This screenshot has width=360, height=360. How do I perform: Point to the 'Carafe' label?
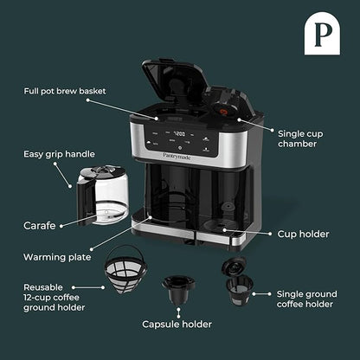(x=39, y=225)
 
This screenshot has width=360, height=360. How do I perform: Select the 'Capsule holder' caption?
(x=179, y=325)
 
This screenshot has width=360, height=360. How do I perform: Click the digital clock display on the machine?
(x=180, y=134)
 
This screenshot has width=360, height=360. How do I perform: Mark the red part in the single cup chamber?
(x=228, y=110)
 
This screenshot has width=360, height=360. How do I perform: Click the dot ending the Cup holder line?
(x=229, y=230)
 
